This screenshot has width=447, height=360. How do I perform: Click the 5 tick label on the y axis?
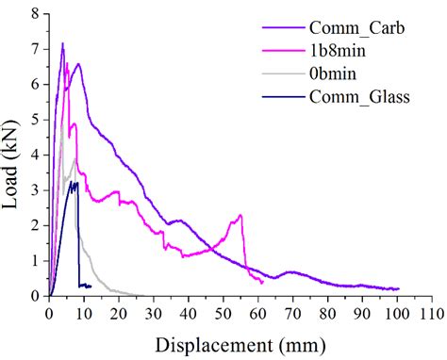tap(37, 120)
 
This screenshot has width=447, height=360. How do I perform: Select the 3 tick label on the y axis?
tap(37, 190)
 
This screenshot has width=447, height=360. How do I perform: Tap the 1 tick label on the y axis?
tap(37, 261)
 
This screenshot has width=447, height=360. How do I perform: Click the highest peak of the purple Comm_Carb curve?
tap(62, 43)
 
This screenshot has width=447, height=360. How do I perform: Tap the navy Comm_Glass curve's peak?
tap(75, 182)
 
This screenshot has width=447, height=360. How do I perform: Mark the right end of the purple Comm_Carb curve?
tap(398, 288)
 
